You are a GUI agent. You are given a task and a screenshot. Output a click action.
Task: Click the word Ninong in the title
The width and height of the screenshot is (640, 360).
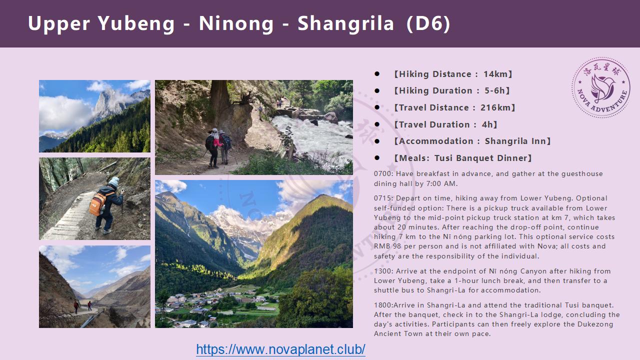point(236,23)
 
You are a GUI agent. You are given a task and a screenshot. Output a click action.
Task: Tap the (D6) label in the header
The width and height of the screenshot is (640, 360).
point(428,23)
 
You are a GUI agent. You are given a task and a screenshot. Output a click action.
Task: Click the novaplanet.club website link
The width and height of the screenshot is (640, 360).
point(280,349)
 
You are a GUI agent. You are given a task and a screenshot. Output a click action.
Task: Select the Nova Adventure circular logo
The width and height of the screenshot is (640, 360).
point(601,87)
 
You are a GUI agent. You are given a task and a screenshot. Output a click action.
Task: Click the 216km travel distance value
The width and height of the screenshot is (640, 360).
point(495,107)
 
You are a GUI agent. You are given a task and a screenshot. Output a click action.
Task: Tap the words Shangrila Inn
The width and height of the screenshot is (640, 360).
point(515,141)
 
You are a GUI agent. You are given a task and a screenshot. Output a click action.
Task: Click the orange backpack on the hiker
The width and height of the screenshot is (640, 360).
point(97,203)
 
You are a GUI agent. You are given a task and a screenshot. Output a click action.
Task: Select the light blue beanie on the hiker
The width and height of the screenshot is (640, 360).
point(114,181)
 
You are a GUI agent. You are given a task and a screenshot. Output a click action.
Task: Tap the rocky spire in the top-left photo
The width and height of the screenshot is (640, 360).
point(109,103)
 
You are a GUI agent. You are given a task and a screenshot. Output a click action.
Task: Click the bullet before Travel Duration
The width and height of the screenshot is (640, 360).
point(377,124)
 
